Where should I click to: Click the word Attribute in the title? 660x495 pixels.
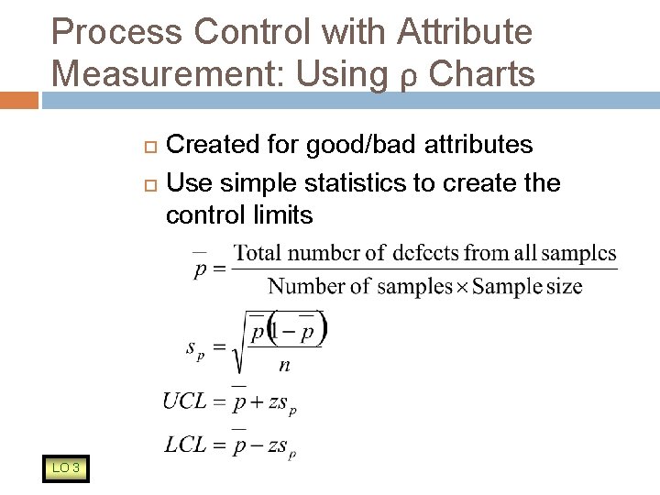pos(465,32)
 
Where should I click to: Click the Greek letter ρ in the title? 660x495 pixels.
pos(402,78)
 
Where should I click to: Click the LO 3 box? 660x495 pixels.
pos(65,468)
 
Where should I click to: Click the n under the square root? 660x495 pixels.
pos(285,365)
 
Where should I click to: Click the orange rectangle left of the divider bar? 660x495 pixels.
pos(19,100)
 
